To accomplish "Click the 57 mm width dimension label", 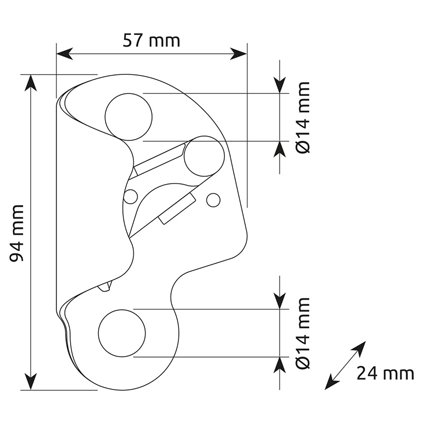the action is pyautogui.click(x=151, y=41).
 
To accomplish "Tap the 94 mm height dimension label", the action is pyautogui.click(x=17, y=233).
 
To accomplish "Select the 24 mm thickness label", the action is pyautogui.click(x=385, y=373).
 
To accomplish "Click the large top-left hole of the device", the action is pyautogui.click(x=129, y=117).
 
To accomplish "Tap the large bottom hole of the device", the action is pyautogui.click(x=122, y=333).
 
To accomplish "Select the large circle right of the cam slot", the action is pyautogui.click(x=204, y=156).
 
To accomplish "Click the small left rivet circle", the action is pyautogui.click(x=130, y=196).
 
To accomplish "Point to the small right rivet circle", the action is pyautogui.click(x=214, y=200).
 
